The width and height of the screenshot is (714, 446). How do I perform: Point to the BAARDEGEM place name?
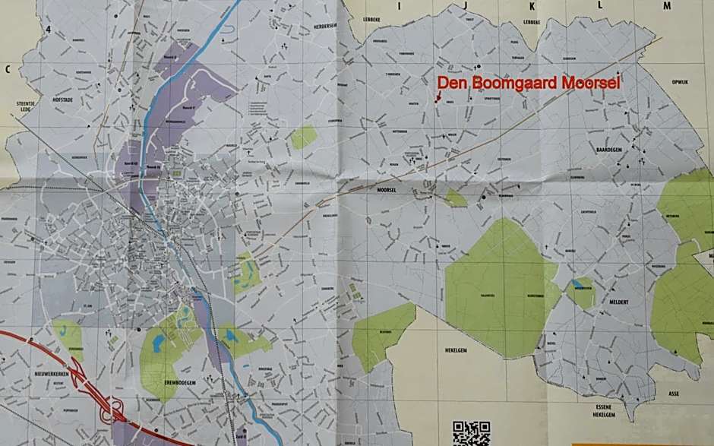point(609,150)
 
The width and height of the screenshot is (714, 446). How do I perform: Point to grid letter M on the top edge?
point(666,5)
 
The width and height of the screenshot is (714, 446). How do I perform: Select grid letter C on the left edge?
point(8,69)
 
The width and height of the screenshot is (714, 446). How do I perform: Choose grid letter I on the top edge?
point(398,5)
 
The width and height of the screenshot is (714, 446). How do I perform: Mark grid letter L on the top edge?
point(600,5)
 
